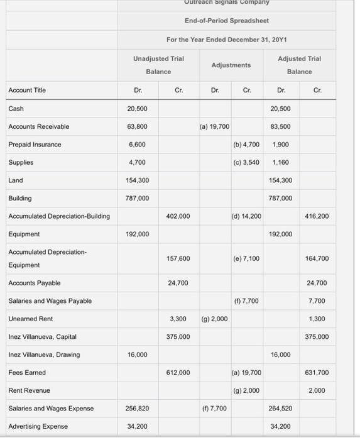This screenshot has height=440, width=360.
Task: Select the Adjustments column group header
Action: pyautogui.click(x=231, y=65)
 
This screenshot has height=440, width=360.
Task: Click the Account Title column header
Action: pyautogui.click(x=27, y=91)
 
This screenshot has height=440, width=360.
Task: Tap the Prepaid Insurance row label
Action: pyautogui.click(x=35, y=145)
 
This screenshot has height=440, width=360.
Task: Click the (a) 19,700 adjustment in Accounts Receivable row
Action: pyautogui.click(x=214, y=126)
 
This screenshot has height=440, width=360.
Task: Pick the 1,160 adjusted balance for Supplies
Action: pyautogui.click(x=280, y=162)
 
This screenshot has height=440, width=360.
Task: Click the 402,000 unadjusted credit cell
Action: pyautogui.click(x=178, y=216)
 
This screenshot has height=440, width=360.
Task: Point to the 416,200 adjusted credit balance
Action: pyautogui.click(x=317, y=216)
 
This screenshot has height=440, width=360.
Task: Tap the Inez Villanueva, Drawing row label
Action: pyautogui.click(x=44, y=355)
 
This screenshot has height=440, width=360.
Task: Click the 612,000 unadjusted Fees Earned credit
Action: pyautogui.click(x=178, y=373)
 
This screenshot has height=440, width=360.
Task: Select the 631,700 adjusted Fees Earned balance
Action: pyautogui.click(x=317, y=373)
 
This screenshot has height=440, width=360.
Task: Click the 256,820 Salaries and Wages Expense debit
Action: pyautogui.click(x=138, y=409)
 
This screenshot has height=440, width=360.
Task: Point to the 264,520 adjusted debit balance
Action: pyautogui.click(x=281, y=409)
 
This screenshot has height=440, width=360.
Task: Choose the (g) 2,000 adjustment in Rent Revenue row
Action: pyautogui.click(x=247, y=390)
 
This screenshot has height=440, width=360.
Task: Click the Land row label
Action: pyautogui.click(x=16, y=180)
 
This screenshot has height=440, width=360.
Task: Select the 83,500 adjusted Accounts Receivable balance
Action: pyautogui.click(x=281, y=126)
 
